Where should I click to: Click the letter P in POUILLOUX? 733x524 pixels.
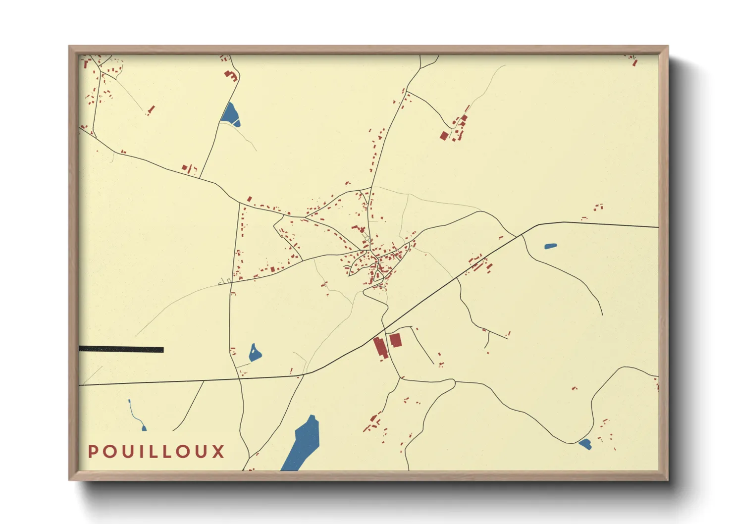point(93,451)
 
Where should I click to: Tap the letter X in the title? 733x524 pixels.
point(218,451)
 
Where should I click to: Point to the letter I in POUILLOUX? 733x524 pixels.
point(143,451)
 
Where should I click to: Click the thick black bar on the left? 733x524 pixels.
point(121,349)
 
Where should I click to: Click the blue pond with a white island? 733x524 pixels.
point(255,353)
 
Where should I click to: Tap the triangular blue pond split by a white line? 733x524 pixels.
point(230,115)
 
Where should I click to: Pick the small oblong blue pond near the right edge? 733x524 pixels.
point(550,246)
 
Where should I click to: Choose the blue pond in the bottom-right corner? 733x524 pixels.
point(585,444)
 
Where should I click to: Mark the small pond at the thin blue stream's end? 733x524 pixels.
point(144,428)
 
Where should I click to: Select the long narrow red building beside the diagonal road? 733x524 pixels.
point(380,347)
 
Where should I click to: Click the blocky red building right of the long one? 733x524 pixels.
point(395,340)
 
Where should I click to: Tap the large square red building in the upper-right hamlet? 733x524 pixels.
point(444,135)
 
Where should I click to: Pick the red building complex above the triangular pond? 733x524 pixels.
point(230,75)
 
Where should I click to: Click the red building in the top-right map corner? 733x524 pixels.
point(635,62)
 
